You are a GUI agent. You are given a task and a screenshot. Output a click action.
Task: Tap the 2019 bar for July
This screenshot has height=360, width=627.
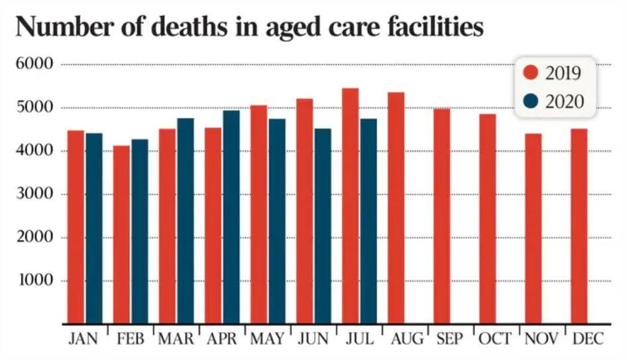(x=350, y=206)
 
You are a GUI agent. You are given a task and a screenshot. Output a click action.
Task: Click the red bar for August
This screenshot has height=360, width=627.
(x=396, y=208)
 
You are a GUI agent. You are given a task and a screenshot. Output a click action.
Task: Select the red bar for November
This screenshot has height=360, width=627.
(x=534, y=229)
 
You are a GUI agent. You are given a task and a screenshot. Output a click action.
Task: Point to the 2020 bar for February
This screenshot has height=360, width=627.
(x=140, y=231)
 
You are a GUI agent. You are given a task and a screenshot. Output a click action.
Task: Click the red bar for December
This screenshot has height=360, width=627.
(x=579, y=226)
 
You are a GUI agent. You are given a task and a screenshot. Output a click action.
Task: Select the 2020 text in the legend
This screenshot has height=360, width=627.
(x=564, y=101)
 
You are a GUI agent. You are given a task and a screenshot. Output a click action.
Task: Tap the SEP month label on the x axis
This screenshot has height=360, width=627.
(x=451, y=339)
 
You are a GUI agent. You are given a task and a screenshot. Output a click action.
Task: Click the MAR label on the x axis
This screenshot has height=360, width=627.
(x=176, y=339)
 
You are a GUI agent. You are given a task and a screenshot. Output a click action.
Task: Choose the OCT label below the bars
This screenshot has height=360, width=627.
(x=496, y=339)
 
